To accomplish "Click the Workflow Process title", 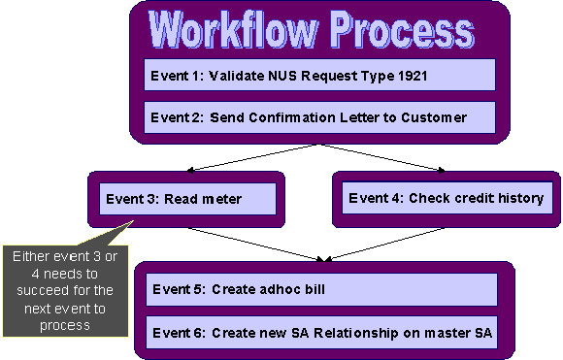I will click(311, 31).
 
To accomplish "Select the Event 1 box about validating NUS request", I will click(319, 75).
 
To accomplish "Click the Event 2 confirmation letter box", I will click(319, 117).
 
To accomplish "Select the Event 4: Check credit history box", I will click(447, 199).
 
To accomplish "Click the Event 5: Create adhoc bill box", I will click(319, 289).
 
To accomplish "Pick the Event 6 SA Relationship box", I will click(319, 333).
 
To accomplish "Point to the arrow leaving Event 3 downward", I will click(252, 245).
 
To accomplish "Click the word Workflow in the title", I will click(233, 31).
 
